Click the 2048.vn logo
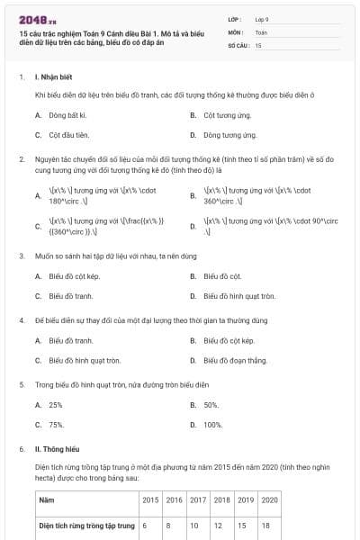pos(32,19)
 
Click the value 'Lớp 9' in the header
pos(262,18)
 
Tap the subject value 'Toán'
pos(261,31)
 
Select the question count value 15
pos(258,45)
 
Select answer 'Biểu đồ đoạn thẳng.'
pos(236,360)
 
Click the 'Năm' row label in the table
pos(46,499)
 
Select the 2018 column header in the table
pos(221,499)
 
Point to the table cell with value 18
pos(265,525)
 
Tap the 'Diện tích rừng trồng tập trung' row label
pos(86,525)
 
